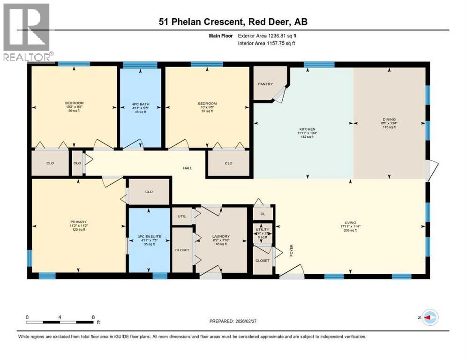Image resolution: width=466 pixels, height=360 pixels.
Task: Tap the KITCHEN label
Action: click(308, 129)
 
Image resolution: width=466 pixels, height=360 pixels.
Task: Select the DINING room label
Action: click(389, 119)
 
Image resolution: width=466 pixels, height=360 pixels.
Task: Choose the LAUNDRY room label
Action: click(221, 236)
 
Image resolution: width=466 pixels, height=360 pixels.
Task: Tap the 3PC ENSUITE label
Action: click(150, 236)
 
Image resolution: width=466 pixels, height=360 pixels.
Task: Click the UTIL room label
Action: click(182, 216)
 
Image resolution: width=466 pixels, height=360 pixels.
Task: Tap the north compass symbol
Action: click(430, 317)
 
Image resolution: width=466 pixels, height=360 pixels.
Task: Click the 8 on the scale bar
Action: click(93, 317)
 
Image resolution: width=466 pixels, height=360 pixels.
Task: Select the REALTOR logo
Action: click(27, 32)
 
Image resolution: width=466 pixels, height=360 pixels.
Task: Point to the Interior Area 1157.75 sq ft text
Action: click(267, 43)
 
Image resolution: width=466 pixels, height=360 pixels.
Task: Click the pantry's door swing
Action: click(279, 95)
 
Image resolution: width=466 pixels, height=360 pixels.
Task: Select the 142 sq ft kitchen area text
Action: click(308, 137)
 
